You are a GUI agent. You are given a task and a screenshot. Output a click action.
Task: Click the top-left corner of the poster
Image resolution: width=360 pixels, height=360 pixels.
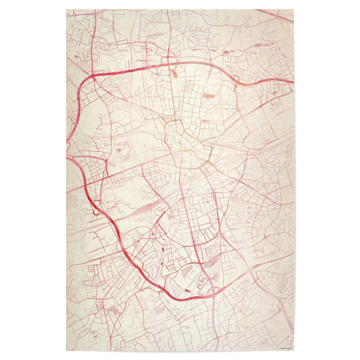[67, 10]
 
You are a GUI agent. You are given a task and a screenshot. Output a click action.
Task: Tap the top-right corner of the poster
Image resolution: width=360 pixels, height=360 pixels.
[293, 10]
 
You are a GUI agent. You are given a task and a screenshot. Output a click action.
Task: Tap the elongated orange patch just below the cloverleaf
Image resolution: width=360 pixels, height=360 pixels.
[174, 73]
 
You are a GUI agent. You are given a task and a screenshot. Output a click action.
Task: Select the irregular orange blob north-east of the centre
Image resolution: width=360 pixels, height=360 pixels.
[208, 95]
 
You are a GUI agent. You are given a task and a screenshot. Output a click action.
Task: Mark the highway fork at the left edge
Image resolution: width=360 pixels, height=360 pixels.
[70, 157]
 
